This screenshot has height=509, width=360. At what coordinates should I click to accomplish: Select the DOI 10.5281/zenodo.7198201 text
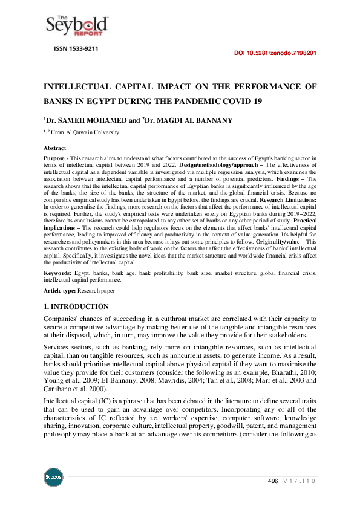(275, 53)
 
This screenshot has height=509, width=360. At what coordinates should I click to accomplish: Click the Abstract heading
(55, 148)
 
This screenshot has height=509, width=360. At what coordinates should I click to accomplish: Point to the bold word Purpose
(56, 157)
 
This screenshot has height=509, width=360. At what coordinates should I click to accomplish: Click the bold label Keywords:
(57, 274)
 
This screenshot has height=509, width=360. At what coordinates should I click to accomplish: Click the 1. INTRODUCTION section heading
(76, 306)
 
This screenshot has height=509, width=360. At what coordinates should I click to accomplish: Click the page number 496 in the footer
(273, 481)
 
